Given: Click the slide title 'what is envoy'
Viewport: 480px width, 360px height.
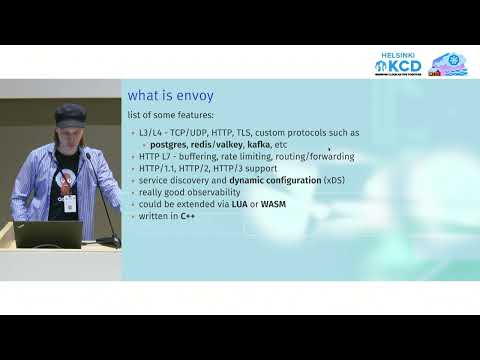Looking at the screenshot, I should (170, 95).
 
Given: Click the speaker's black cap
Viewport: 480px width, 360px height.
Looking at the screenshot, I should (71, 112).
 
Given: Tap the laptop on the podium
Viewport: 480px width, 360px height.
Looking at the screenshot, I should (49, 234).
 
